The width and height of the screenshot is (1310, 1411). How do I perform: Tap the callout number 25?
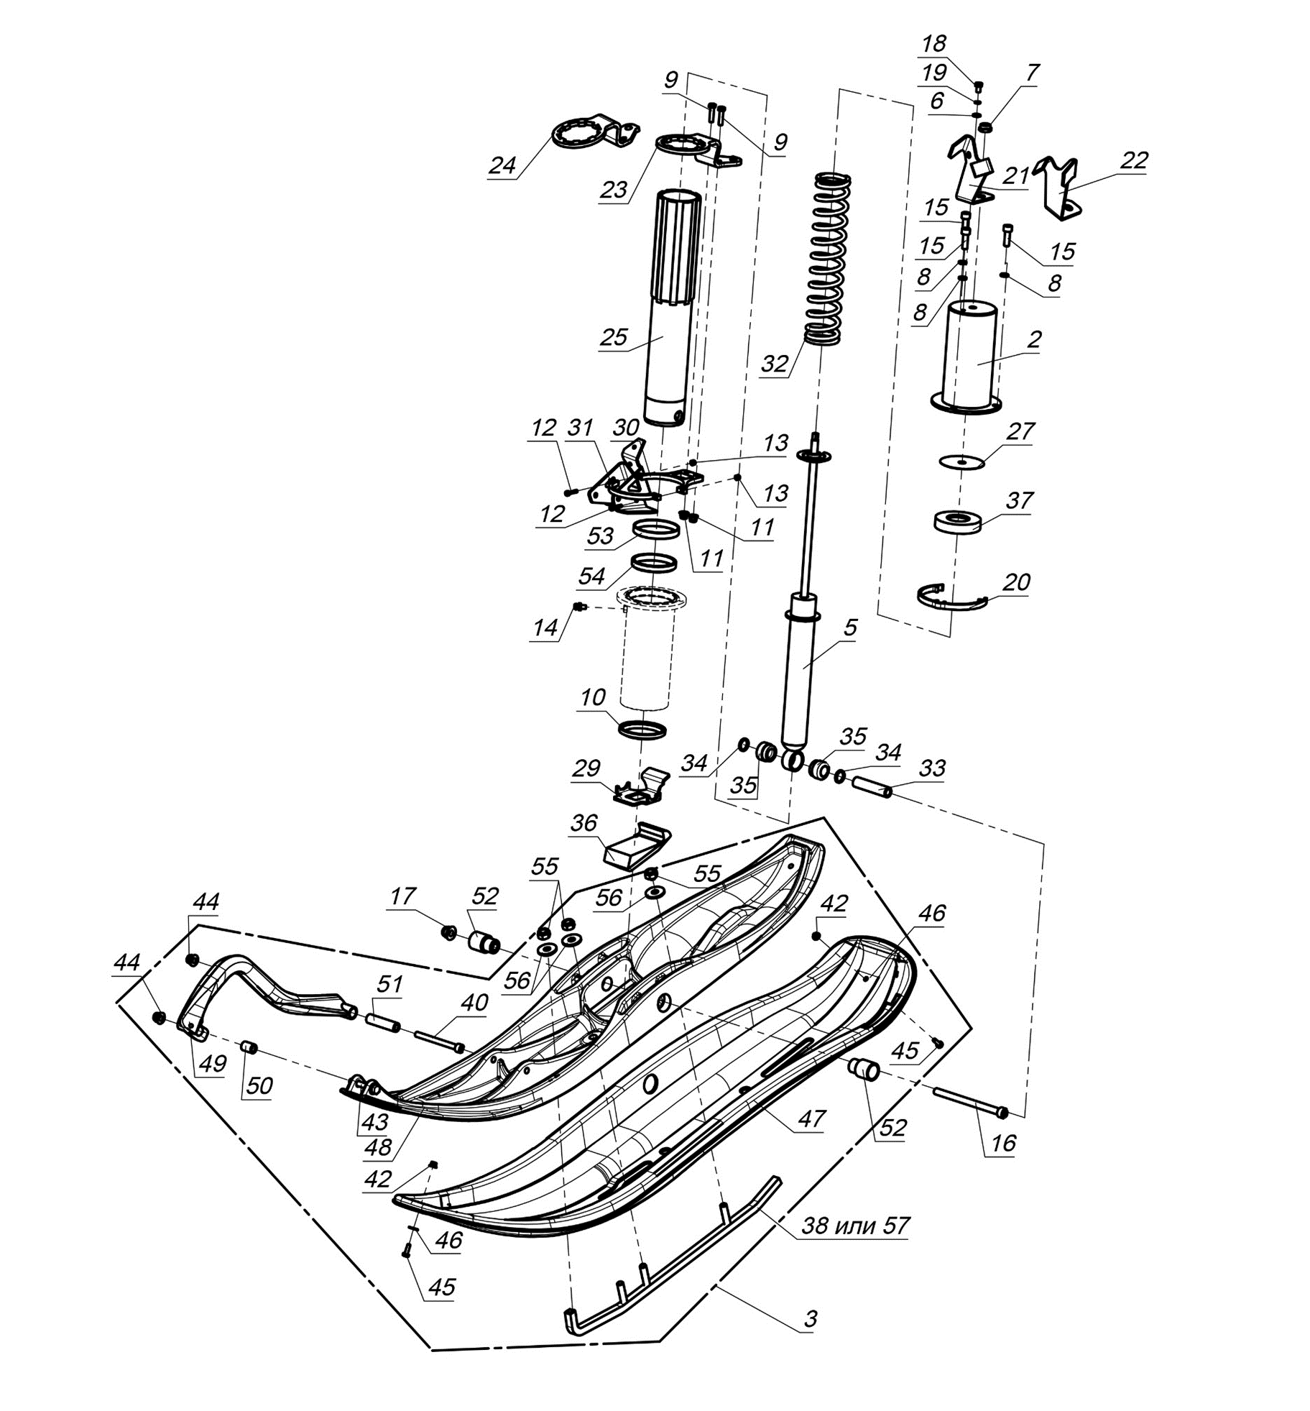pos(613,337)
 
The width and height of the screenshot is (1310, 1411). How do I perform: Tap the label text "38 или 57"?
pos(855,1224)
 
